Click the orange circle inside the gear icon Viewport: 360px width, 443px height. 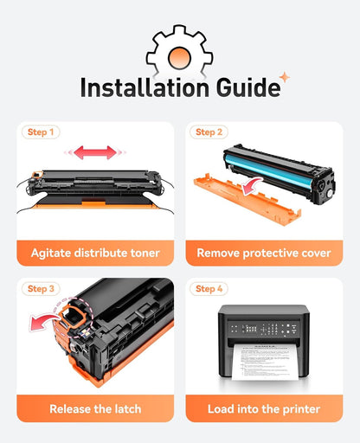click(x=179, y=58)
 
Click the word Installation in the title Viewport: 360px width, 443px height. click(x=145, y=87)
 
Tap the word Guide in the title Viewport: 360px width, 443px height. click(x=248, y=87)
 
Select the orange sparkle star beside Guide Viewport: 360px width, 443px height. click(x=285, y=77)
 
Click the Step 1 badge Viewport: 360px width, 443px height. click(x=41, y=132)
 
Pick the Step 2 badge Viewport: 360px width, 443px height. click(x=209, y=132)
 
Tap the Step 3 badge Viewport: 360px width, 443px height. click(x=41, y=289)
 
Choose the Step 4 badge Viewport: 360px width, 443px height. click(x=209, y=289)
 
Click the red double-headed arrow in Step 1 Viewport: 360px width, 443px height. click(x=95, y=152)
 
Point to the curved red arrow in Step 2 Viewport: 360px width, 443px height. click(x=252, y=185)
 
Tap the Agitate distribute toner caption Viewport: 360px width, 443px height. click(x=95, y=253)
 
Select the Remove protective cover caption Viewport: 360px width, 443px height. click(x=264, y=253)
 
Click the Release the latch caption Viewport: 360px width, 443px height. click(x=95, y=409)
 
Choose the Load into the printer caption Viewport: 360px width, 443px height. click(x=264, y=409)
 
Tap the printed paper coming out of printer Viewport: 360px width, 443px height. click(x=265, y=362)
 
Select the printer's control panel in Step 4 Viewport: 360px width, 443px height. click(x=264, y=329)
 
